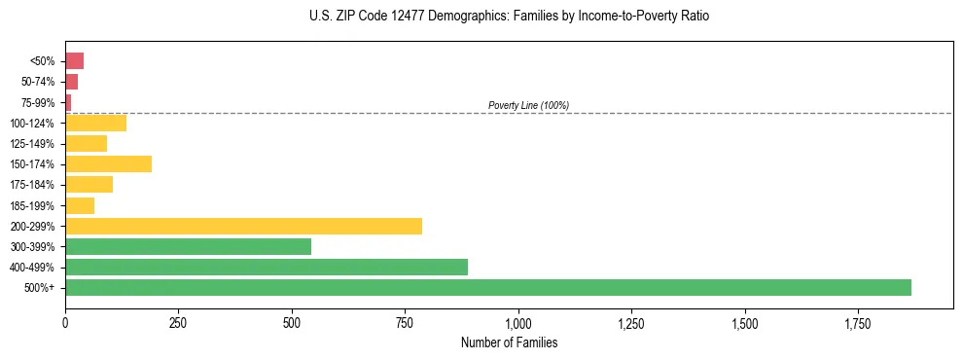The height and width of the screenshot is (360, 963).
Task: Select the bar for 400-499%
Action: click(267, 267)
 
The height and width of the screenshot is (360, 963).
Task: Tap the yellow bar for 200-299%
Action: click(243, 226)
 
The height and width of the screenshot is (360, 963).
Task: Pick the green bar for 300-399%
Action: click(188, 246)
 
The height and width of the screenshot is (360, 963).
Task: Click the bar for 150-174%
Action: click(108, 163)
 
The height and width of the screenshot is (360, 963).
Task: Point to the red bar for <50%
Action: click(74, 60)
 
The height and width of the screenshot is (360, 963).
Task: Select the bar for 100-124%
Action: click(95, 123)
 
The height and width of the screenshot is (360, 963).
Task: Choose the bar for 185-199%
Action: click(80, 205)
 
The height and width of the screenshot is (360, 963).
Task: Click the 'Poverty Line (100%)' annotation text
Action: click(528, 105)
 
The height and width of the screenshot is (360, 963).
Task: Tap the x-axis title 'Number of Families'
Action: click(509, 342)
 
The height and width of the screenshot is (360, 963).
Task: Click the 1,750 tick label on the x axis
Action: click(858, 321)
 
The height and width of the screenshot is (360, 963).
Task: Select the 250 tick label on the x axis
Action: click(178, 321)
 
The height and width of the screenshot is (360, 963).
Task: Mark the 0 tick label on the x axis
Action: click(65, 321)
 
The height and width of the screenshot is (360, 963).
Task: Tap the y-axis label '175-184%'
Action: click(33, 185)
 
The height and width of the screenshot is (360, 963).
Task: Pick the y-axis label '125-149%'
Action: click(33, 143)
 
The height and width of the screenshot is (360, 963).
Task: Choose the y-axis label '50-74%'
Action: click(39, 82)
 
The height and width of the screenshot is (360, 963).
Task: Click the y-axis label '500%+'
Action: click(41, 288)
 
